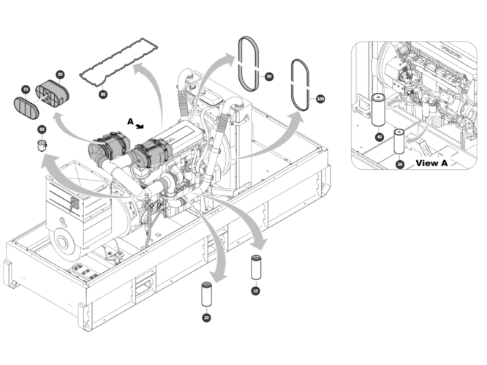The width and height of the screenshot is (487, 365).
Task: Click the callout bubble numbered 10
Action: [x=255, y=290]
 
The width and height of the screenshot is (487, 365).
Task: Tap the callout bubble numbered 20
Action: [x=206, y=317]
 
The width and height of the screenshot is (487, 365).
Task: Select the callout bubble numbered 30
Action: [x=59, y=75]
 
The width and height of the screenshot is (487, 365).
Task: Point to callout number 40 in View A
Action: [x=379, y=136]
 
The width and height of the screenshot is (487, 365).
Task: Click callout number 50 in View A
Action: [x=399, y=165]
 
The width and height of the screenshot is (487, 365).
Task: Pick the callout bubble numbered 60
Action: [x=42, y=129]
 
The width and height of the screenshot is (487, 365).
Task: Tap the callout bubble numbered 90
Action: [x=269, y=76]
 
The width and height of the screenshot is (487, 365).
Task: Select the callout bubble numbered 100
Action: [x=320, y=98]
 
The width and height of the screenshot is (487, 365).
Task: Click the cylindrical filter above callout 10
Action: [x=255, y=268]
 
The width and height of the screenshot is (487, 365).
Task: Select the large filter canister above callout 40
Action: [x=379, y=111]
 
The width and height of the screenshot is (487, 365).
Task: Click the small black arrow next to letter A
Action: [x=142, y=126]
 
